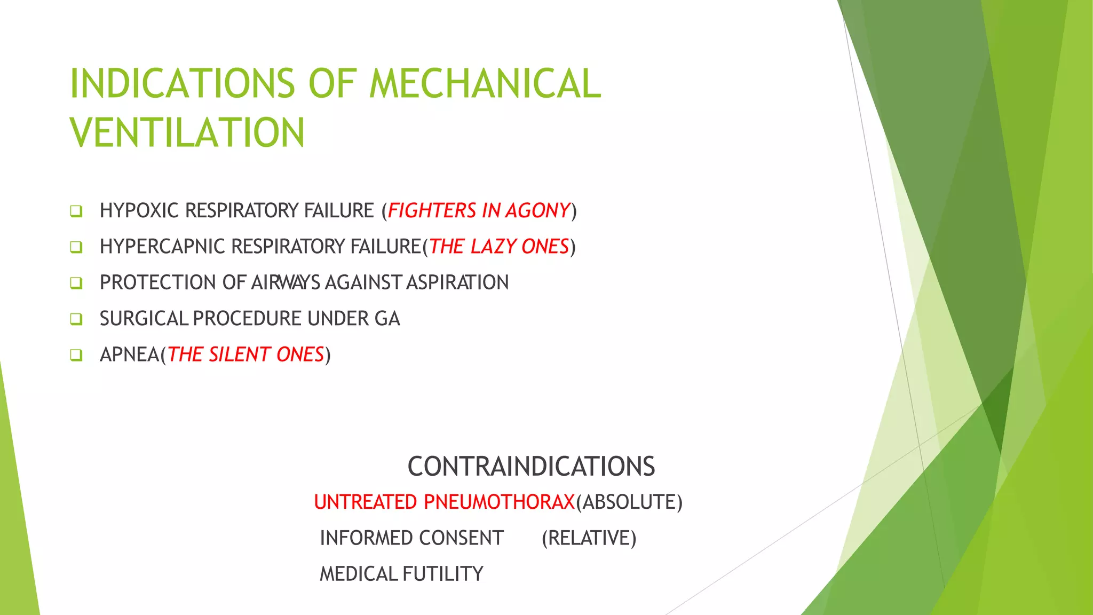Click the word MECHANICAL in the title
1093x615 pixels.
coord(485,84)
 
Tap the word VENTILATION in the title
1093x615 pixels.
coord(187,133)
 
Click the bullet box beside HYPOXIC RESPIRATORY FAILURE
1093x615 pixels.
coord(76,211)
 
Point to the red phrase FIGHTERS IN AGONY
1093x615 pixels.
coord(479,211)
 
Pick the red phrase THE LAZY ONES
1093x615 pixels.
coord(499,247)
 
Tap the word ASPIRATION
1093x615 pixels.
coord(457,282)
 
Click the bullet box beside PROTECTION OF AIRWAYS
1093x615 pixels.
coord(76,283)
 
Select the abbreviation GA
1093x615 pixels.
coord(387,319)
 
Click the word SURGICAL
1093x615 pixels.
coord(144,319)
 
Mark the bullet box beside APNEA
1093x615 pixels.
coord(76,355)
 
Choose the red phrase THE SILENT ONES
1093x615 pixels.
coord(246,354)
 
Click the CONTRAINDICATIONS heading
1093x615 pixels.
coord(531,466)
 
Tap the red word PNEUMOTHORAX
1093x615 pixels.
coord(498,502)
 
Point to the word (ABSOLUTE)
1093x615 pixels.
coord(629,502)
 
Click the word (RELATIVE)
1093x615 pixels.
coord(589,538)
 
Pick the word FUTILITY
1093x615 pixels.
coord(442,574)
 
